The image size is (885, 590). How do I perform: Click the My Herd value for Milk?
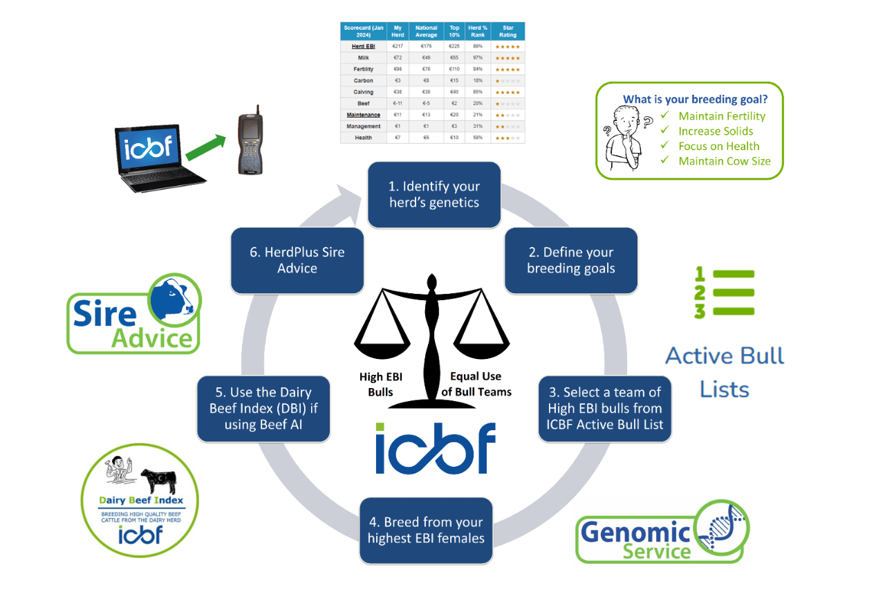pyautogui.click(x=397, y=57)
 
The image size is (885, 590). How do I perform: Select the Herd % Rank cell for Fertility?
pyautogui.click(x=477, y=68)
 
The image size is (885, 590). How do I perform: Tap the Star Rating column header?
pyautogui.click(x=507, y=32)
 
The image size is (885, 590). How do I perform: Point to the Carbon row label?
pyautogui.click(x=363, y=80)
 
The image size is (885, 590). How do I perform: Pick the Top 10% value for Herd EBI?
pyautogui.click(x=454, y=46)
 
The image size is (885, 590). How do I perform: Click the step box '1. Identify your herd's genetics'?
pyautogui.click(x=434, y=194)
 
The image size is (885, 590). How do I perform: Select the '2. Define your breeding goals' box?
pyautogui.click(x=570, y=260)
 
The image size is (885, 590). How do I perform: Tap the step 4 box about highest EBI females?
pyautogui.click(x=426, y=530)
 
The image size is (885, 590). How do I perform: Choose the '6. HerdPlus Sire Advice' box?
pyautogui.click(x=297, y=260)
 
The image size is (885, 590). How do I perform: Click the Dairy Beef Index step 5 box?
pyautogui.click(x=263, y=408)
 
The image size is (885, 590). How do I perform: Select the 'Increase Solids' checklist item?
pyautogui.click(x=716, y=131)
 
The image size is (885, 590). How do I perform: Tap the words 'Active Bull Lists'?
pyautogui.click(x=725, y=372)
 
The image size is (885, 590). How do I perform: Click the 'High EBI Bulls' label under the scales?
pyautogui.click(x=381, y=384)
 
